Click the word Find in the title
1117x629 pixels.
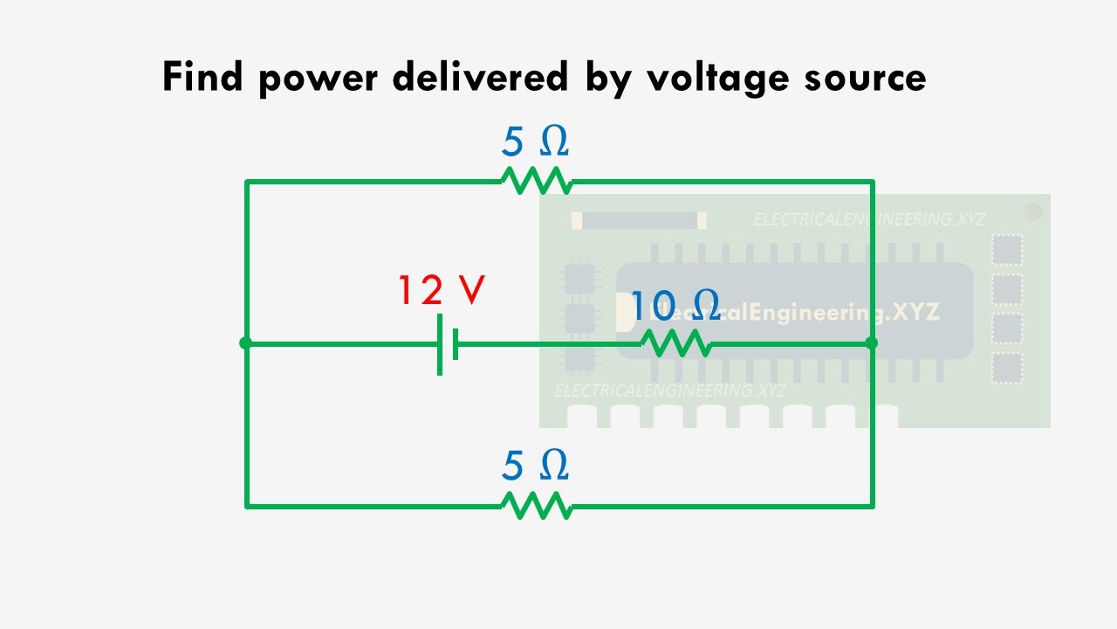(x=203, y=78)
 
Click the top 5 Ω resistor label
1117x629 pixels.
(x=535, y=142)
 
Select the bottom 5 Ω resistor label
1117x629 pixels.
(x=535, y=467)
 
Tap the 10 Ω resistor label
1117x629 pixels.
(x=675, y=306)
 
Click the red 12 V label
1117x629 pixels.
(x=441, y=291)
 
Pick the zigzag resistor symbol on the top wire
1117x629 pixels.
(x=536, y=181)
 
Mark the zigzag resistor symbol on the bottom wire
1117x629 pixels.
(x=536, y=505)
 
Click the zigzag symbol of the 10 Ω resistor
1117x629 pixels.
(x=676, y=343)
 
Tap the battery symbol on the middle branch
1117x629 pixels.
(x=448, y=344)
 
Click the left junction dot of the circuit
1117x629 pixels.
(x=246, y=343)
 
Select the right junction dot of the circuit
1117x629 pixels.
(x=871, y=343)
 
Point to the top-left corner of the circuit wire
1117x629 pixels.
(x=247, y=182)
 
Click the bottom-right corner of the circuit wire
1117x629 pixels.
(x=872, y=505)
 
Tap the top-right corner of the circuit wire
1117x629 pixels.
(x=872, y=182)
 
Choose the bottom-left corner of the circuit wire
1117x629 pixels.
(x=247, y=505)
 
